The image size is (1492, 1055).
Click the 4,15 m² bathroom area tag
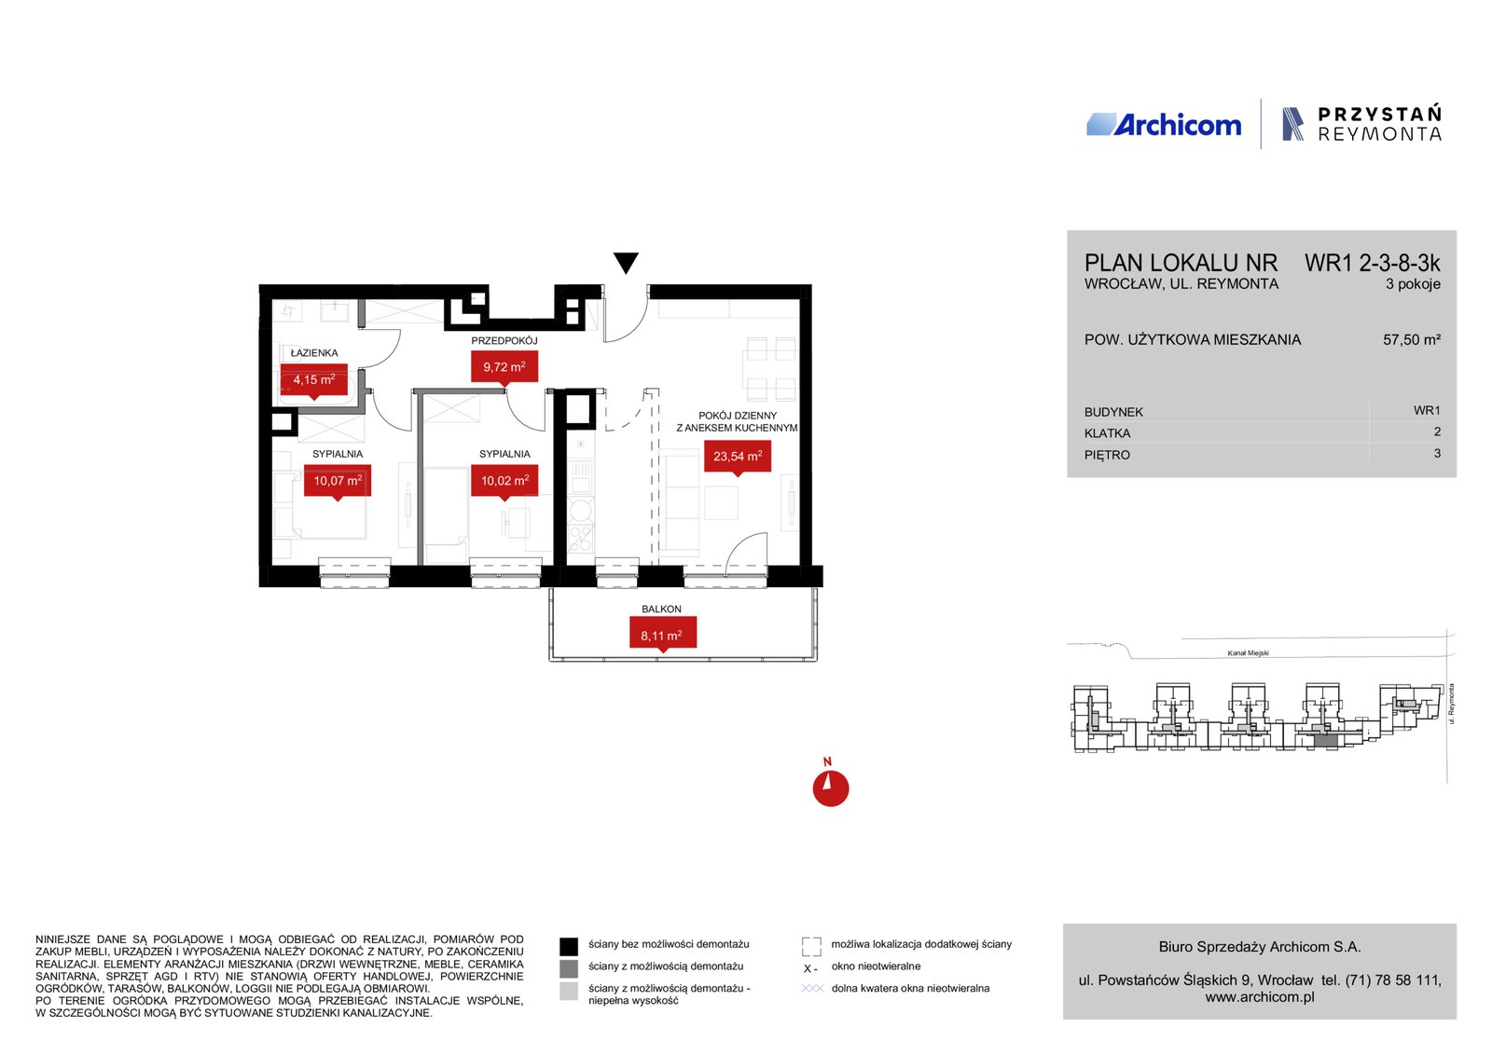(x=313, y=381)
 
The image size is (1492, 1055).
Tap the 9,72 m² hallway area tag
(x=504, y=367)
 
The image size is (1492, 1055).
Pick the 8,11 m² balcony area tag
(x=663, y=635)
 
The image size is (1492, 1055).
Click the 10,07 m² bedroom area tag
(x=338, y=481)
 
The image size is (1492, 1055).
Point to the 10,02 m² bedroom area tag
(x=504, y=481)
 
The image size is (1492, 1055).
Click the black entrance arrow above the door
(x=626, y=262)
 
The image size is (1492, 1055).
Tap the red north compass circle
(x=831, y=788)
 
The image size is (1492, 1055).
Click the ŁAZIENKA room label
(x=314, y=353)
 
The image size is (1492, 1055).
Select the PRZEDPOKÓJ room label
(x=504, y=341)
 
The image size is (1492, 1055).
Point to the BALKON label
(x=661, y=609)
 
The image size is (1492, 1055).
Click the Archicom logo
(x=1164, y=125)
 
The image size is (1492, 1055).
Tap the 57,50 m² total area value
(x=1412, y=339)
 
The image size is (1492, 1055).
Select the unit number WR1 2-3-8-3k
(x=1372, y=264)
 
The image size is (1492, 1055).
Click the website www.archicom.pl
(x=1260, y=997)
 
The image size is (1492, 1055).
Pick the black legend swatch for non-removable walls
(x=569, y=946)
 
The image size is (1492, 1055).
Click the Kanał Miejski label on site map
(x=1249, y=653)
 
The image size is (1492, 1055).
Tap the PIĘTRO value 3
(x=1437, y=453)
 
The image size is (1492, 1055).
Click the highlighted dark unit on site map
(x=1324, y=742)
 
